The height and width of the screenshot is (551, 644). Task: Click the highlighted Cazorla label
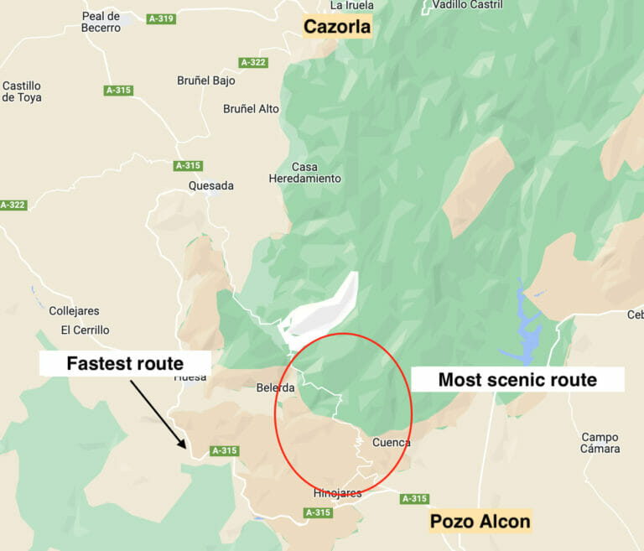337,27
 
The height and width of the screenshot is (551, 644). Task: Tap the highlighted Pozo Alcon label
480,522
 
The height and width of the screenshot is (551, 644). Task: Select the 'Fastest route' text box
125,364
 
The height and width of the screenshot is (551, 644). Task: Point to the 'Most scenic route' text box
517,380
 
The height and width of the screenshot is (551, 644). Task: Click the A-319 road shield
160,18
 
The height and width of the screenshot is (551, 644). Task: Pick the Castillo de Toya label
22,91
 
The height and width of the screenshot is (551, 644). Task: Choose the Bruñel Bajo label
206,81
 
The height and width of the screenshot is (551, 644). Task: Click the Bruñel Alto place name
251,109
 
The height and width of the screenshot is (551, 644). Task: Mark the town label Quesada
211,185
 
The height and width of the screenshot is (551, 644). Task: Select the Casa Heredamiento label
304,173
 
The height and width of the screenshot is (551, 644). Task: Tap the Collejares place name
74,311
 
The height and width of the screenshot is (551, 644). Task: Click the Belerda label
275,388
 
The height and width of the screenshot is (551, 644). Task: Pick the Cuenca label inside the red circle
391,442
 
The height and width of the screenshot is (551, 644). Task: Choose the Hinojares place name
337,493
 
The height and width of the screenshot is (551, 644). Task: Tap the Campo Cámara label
600,443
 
